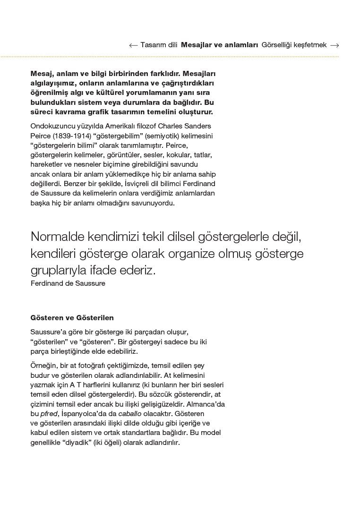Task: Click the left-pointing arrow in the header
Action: tap(133, 45)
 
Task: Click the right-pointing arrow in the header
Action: tap(334, 45)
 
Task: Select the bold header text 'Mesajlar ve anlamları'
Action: tap(219, 45)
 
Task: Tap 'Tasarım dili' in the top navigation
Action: tap(159, 45)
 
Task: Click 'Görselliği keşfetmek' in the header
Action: tap(294, 45)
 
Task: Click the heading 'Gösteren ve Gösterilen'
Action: tap(72, 318)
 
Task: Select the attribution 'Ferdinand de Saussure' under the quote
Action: tap(68, 283)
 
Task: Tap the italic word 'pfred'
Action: tap(49, 414)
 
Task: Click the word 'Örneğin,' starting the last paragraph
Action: tap(44, 366)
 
